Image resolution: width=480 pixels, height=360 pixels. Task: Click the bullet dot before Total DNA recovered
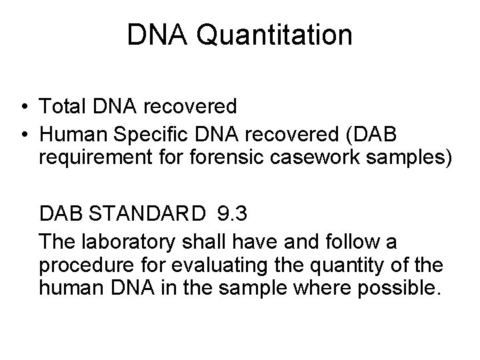click(x=24, y=106)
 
